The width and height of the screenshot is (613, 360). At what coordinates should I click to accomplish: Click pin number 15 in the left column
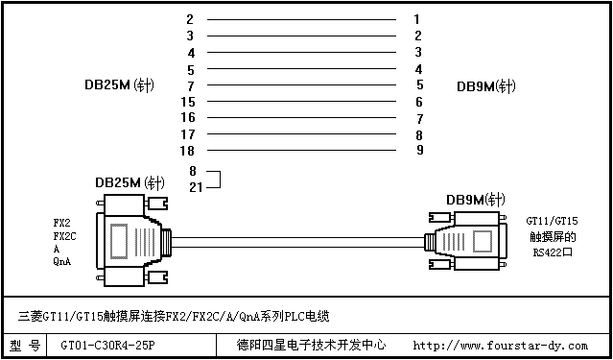188,102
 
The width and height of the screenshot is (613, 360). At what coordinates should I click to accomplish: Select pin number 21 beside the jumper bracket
196,188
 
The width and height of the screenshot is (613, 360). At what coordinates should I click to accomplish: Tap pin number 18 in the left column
187,151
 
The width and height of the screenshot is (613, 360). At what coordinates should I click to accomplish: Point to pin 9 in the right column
419,150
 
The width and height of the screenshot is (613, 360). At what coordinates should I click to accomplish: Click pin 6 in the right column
419,102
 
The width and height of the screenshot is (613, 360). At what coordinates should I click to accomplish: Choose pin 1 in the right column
417,19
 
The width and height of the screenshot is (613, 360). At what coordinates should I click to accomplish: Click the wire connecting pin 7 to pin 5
301,84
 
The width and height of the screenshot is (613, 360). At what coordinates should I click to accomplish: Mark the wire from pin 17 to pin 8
301,133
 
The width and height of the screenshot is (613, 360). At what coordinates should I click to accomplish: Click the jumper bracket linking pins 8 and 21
220,180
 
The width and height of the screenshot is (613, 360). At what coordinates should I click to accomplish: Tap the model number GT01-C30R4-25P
108,346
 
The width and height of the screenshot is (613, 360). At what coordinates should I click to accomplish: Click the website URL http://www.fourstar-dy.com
501,346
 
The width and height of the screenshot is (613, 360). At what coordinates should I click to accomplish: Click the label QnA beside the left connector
62,262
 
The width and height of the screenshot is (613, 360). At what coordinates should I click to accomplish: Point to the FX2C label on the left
65,236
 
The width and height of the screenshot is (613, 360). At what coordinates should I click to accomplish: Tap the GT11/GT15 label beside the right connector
552,222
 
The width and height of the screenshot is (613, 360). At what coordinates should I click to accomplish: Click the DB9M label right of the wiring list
486,86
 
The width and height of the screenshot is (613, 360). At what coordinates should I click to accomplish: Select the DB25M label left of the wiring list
119,84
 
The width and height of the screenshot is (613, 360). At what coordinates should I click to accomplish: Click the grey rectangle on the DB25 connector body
118,241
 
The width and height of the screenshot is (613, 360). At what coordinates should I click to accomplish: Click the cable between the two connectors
298,242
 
